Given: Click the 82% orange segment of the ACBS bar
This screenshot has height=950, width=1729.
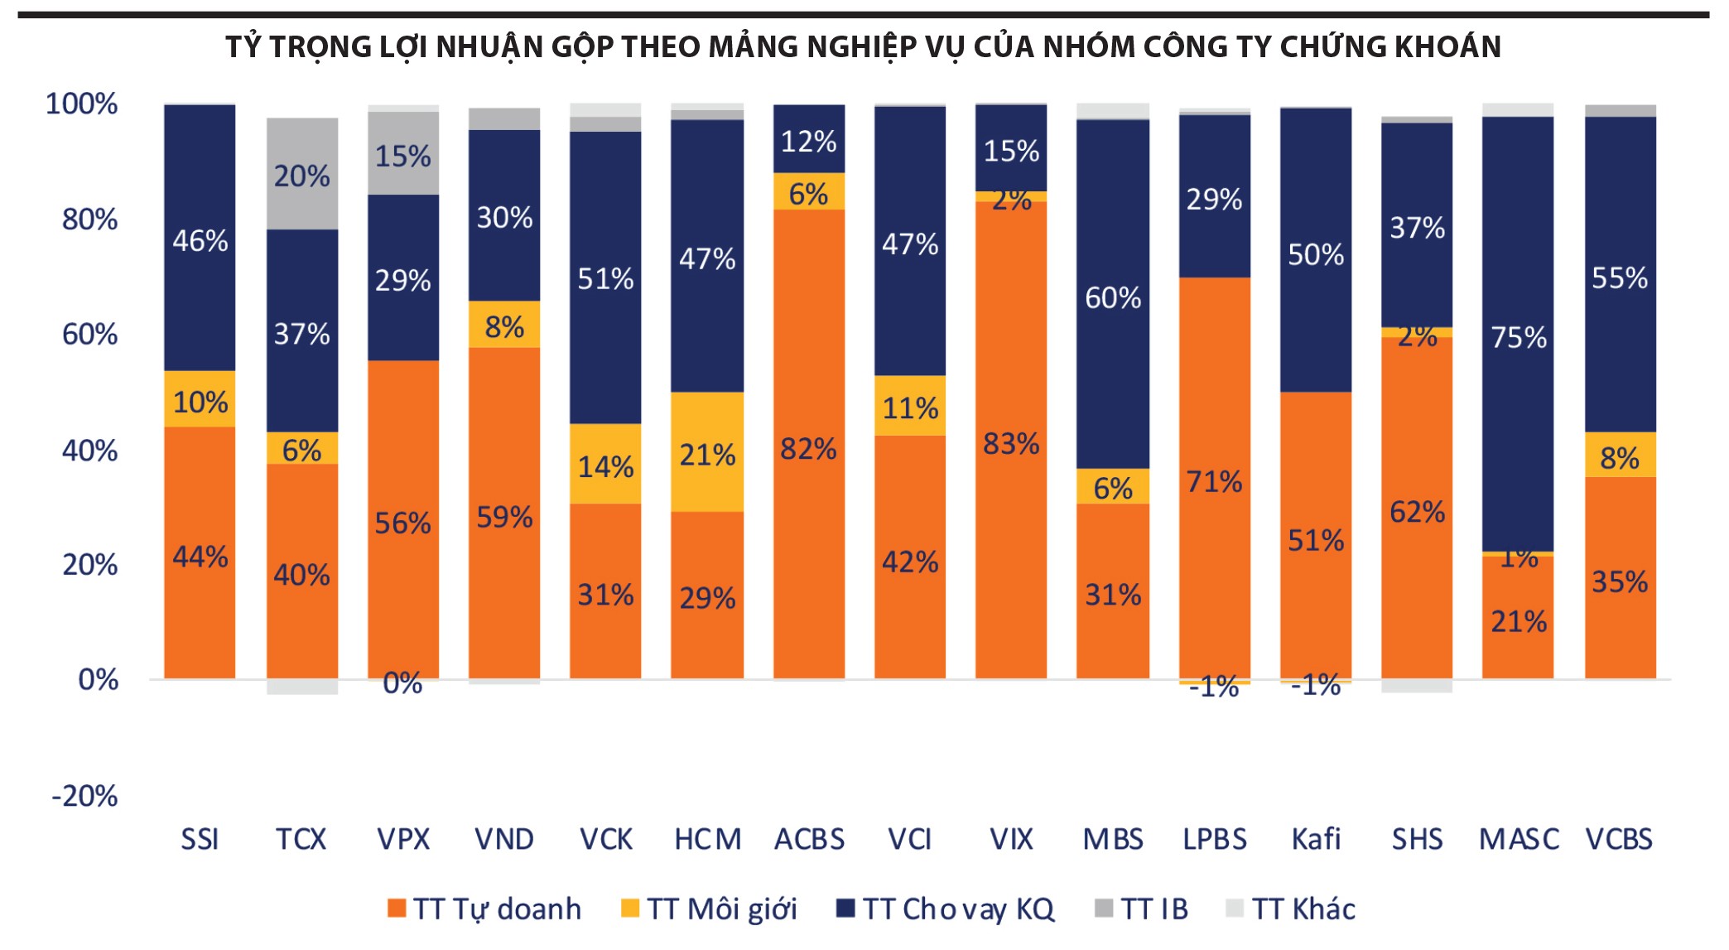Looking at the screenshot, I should pos(808,447).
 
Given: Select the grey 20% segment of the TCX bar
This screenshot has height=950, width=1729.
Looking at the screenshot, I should pos(302,175).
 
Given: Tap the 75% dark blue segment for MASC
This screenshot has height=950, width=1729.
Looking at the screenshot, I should pos(1518,336).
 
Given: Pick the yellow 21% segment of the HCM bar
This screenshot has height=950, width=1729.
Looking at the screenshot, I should pos(707,453).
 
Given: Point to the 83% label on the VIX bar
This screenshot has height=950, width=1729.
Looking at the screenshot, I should pos(1011,444).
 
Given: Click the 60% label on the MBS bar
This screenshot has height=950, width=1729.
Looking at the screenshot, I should pos(1113,297).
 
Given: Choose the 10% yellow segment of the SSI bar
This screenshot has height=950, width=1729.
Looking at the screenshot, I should pos(200,401).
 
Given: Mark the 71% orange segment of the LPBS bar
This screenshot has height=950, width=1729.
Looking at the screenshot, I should pos(1214,480).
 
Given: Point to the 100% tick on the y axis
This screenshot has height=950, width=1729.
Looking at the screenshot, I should pos(81,104).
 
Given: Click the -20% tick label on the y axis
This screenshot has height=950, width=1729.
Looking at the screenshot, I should pos(84,796).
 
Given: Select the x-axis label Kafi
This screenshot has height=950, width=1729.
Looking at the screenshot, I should pos(1315,839).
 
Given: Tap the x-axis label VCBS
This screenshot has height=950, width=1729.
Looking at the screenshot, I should pos(1619,839).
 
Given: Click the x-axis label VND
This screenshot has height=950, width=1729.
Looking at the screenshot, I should pos(503,839).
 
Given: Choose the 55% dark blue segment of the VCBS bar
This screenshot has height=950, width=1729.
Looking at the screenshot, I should pos(1620,277).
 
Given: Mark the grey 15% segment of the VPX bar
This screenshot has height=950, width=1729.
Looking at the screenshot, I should pos(403,155).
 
